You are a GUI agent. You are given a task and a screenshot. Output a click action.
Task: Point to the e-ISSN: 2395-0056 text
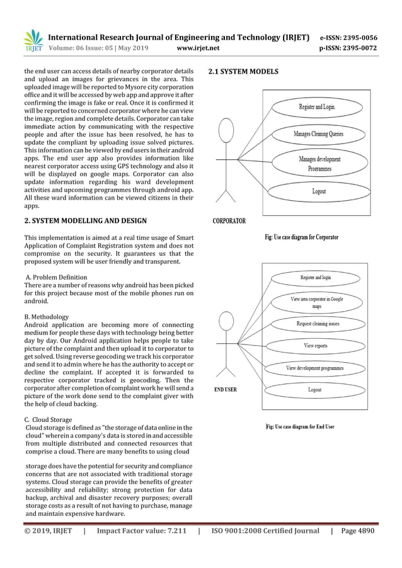coord(348,37)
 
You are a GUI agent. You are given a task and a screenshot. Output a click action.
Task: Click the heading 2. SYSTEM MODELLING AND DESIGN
coord(85,220)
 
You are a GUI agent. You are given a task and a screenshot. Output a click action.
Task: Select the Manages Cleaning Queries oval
coord(318,134)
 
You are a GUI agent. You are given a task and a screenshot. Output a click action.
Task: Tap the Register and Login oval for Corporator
coord(318,107)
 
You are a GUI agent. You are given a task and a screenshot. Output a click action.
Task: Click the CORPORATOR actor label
coord(229,221)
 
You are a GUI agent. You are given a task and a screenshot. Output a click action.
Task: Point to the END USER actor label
coord(226,390)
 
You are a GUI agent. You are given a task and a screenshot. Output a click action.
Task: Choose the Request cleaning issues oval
coord(318,324)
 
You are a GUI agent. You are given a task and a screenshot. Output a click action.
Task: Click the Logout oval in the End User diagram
coord(314,390)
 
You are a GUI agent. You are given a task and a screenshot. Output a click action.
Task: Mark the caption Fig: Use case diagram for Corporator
coord(301,237)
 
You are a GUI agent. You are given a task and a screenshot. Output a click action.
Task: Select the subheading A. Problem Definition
coord(56,277)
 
